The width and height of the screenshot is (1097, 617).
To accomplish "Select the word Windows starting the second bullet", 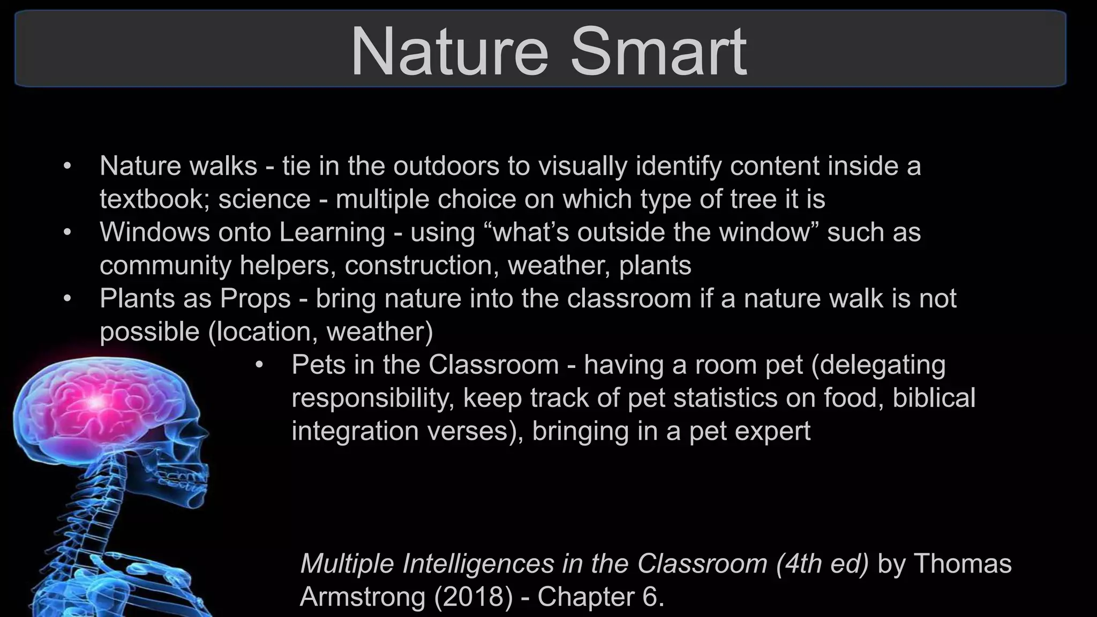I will coord(154,232).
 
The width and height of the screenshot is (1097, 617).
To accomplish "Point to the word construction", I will coord(418,266).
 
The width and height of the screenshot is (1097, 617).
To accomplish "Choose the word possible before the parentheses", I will coord(149,332).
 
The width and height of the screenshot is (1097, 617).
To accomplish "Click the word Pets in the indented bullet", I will coord(317,365).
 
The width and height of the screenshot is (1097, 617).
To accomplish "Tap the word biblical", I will coord(934,398).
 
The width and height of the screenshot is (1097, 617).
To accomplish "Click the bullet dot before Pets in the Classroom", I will coord(260,365).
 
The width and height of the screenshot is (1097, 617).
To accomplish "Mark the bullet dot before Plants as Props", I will coord(67,299).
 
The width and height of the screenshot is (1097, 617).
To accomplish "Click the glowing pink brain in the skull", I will coord(96,402).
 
